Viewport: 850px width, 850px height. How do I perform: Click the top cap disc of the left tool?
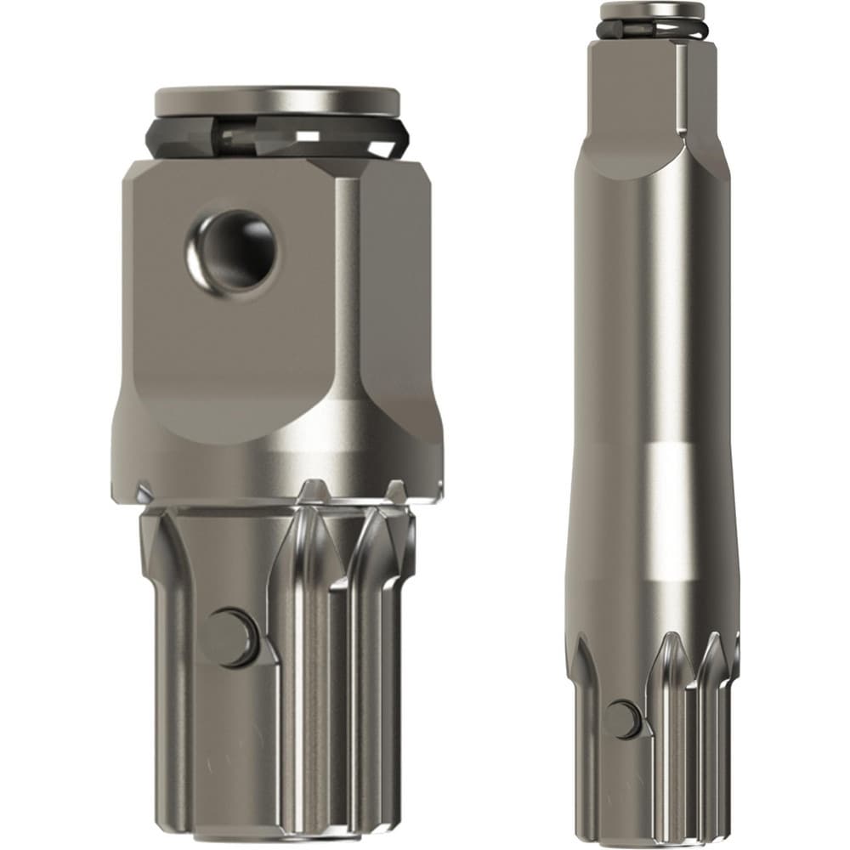(276, 100)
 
